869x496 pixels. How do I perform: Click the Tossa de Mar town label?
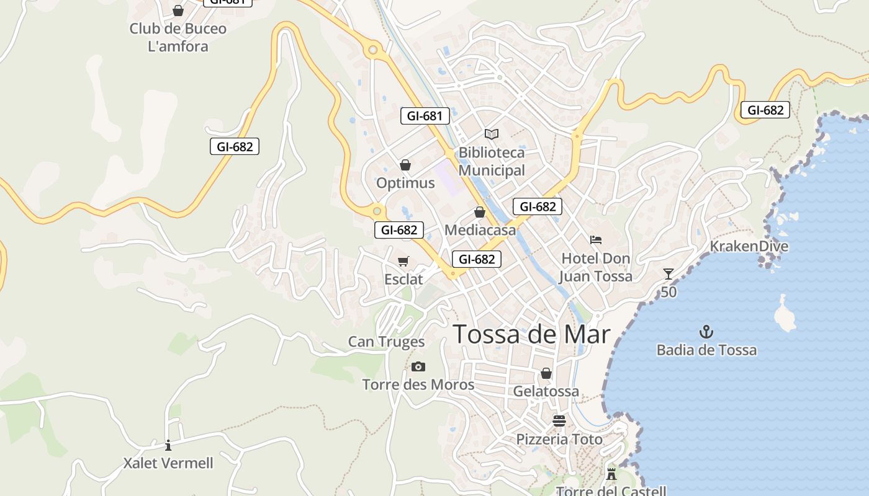531,334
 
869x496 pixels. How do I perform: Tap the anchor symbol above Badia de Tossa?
706,332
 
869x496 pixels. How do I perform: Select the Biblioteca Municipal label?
492,161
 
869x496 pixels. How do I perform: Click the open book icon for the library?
492,134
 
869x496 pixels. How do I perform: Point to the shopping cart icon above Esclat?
403,261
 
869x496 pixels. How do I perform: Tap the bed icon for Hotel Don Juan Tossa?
596,239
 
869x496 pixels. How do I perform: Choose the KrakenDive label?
749,246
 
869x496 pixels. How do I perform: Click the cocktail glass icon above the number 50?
669,273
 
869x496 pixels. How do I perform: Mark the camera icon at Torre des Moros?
418,366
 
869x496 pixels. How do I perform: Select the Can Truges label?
386,342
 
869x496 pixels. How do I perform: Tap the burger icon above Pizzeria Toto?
559,421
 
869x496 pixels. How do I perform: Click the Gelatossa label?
546,391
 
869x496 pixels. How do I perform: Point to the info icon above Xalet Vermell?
168,445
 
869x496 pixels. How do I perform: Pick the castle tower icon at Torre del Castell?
611,474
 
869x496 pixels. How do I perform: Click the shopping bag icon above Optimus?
405,165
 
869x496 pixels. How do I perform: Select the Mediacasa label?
480,230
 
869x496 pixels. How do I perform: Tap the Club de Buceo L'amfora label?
178,37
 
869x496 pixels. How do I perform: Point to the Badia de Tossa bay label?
706,350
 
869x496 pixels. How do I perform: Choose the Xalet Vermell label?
168,463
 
